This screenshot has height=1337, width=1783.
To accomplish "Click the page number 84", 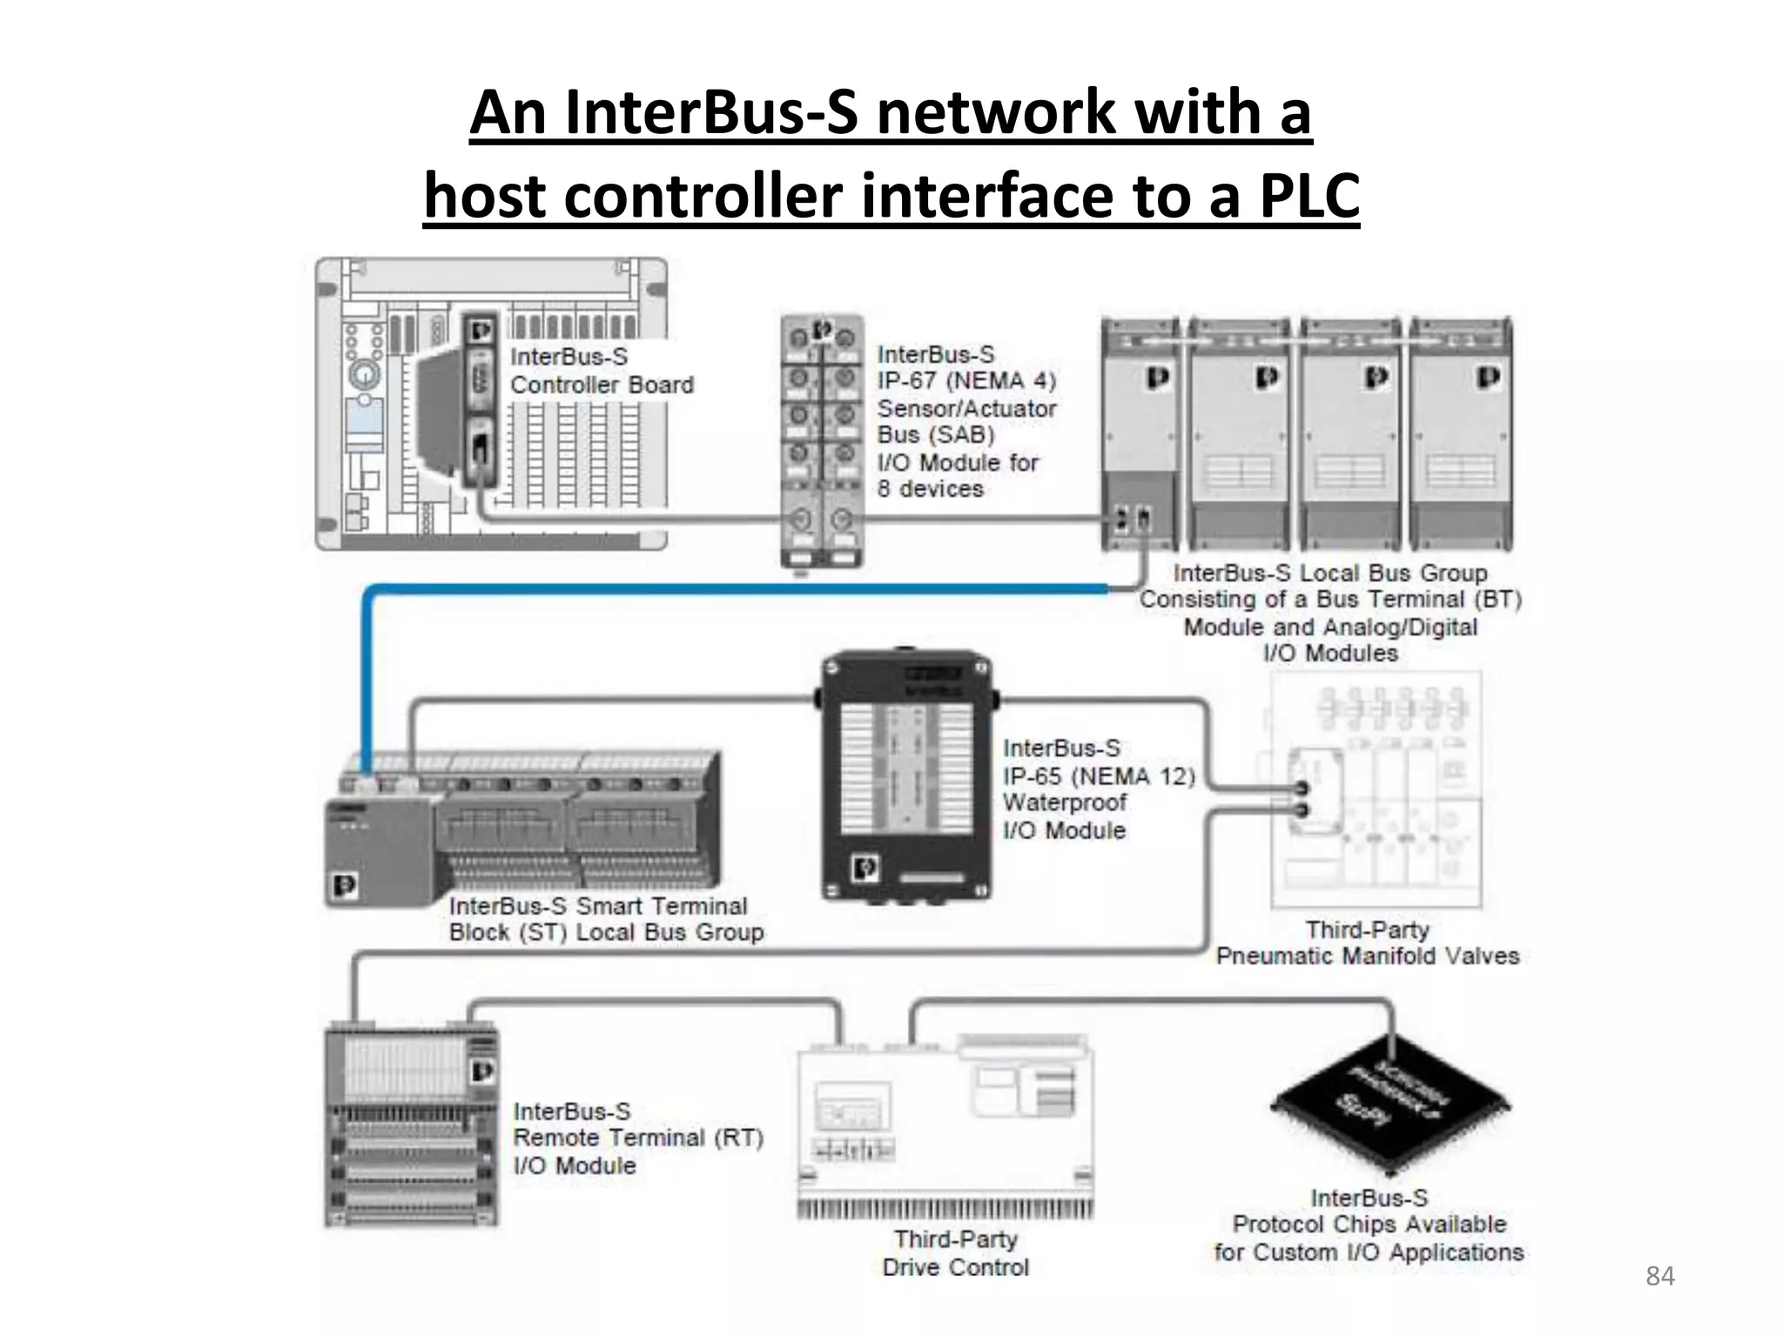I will [1659, 1276].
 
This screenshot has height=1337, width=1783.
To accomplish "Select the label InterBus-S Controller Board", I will [601, 371].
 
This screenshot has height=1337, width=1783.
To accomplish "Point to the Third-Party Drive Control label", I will [955, 1253].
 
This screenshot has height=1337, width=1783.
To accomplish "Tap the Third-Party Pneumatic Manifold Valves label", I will [1367, 944].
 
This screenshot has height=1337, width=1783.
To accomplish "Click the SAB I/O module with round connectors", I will [822, 440].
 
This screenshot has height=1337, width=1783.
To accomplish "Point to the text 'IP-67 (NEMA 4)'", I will [966, 381].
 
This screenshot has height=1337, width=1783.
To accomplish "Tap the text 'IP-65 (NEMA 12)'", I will [1099, 776].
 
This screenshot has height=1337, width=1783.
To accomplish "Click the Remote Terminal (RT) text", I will [637, 1138].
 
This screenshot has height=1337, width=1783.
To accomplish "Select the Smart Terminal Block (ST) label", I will [606, 919].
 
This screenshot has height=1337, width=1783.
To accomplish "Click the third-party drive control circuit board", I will [945, 1128].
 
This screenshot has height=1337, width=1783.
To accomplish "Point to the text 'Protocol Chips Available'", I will [1369, 1225].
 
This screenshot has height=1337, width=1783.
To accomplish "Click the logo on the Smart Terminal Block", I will [345, 886].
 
